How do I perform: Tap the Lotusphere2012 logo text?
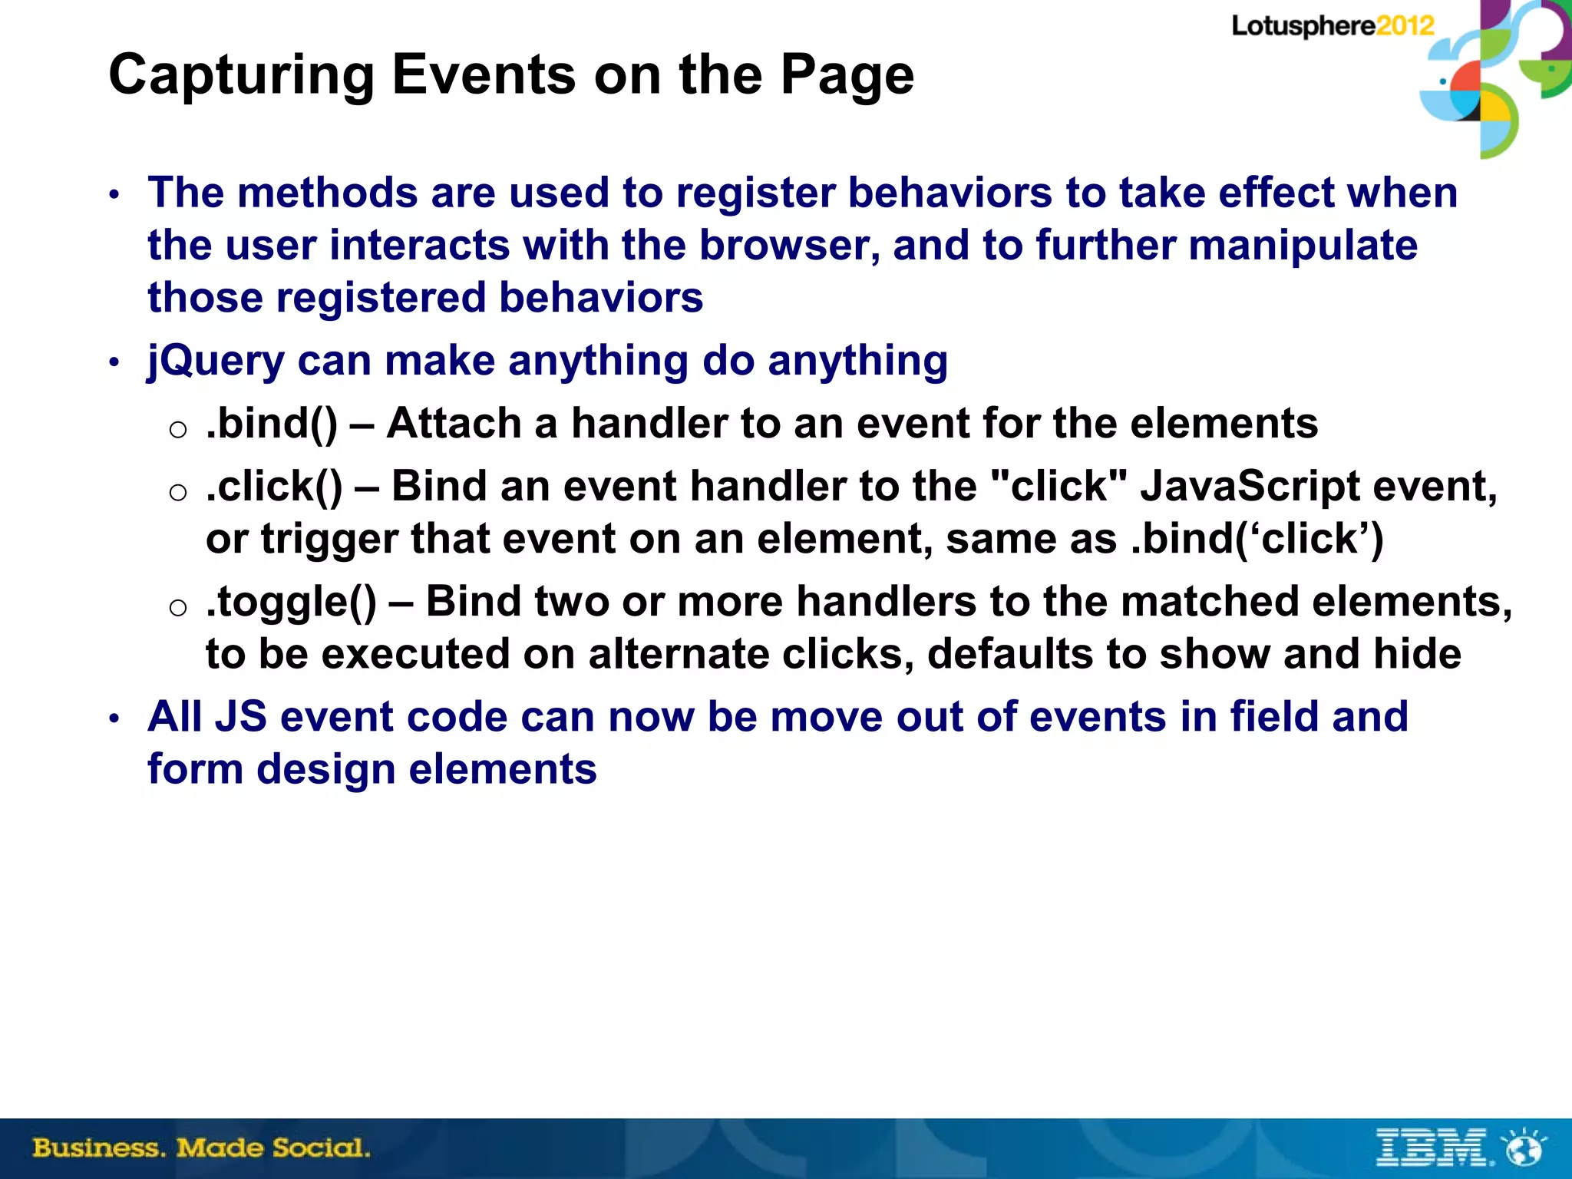1333,26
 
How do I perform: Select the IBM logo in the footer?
1434,1148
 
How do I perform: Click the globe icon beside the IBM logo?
1524,1148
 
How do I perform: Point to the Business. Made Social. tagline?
201,1148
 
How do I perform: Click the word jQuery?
216,361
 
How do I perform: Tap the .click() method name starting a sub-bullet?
274,487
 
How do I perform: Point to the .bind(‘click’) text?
1257,539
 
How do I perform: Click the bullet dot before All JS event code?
114,719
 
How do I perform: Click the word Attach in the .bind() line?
454,424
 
